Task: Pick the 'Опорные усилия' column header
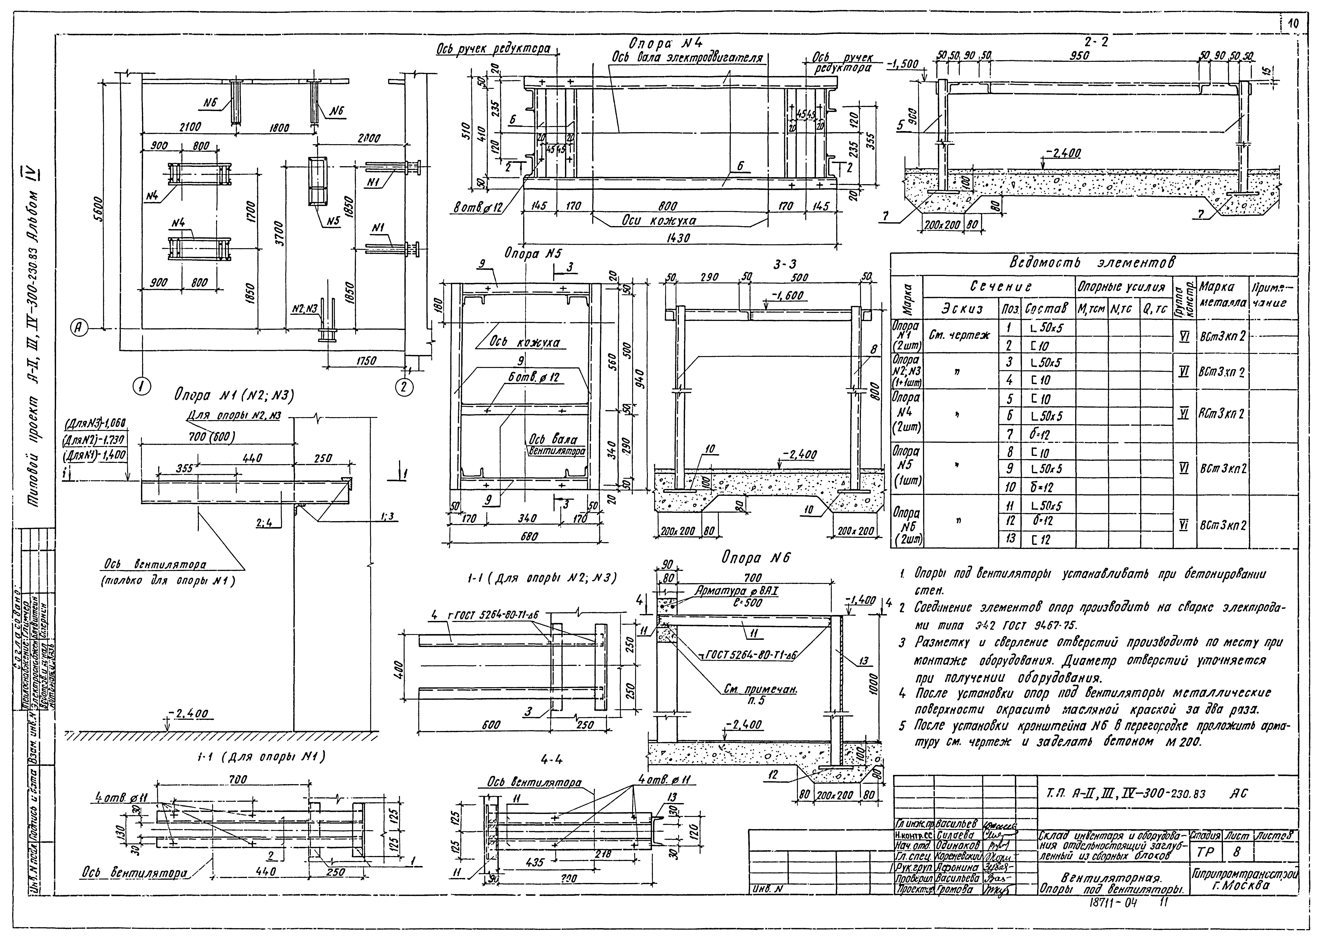pyautogui.click(x=1121, y=286)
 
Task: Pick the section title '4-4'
pyautogui.click(x=550, y=759)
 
